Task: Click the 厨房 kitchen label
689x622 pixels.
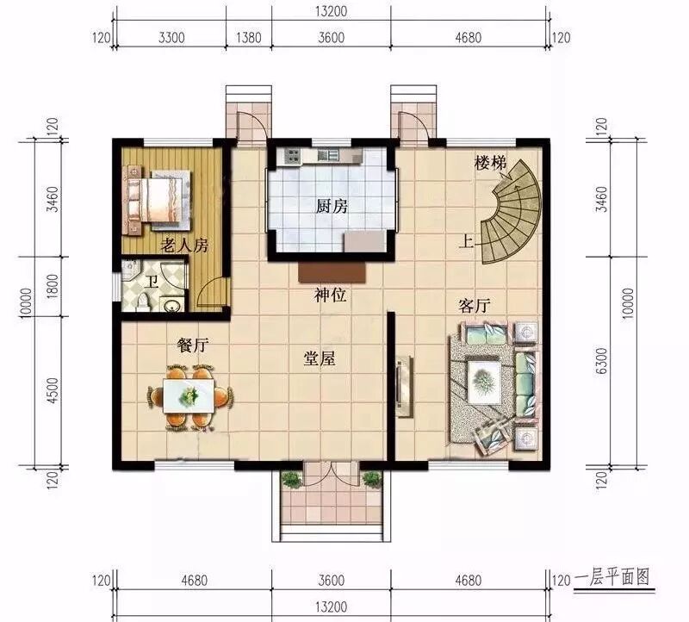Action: tap(332, 206)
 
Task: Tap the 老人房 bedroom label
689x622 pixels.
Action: tap(184, 246)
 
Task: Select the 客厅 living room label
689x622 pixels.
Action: tap(475, 306)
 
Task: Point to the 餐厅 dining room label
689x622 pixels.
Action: tap(192, 345)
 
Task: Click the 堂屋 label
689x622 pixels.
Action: tap(320, 358)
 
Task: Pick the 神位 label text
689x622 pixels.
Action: tap(331, 295)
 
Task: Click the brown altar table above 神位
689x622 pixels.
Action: tap(332, 272)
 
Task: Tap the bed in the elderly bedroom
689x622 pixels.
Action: tap(158, 199)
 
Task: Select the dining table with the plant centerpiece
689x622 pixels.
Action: tap(189, 396)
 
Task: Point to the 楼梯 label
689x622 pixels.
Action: tap(490, 163)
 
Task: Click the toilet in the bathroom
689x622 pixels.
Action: tap(143, 302)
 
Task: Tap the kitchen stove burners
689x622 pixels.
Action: tap(292, 155)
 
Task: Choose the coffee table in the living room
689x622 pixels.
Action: tap(485, 380)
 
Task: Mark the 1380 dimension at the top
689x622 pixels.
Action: tap(249, 37)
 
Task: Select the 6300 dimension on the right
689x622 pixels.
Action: tap(602, 361)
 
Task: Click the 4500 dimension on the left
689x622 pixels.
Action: tap(52, 391)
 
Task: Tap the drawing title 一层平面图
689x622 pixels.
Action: tap(612, 578)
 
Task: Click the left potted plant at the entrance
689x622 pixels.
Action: tap(290, 480)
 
